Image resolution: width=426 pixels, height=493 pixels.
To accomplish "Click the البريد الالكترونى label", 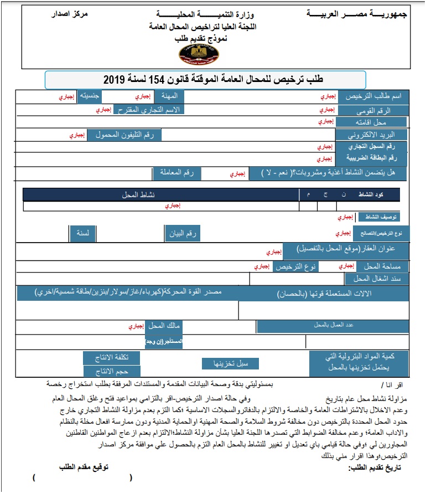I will (372, 134).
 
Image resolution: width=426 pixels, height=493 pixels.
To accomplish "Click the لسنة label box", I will (82, 234).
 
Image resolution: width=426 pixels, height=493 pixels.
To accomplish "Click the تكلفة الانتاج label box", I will (111, 357).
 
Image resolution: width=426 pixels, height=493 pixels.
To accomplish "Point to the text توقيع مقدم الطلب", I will (84, 467).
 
